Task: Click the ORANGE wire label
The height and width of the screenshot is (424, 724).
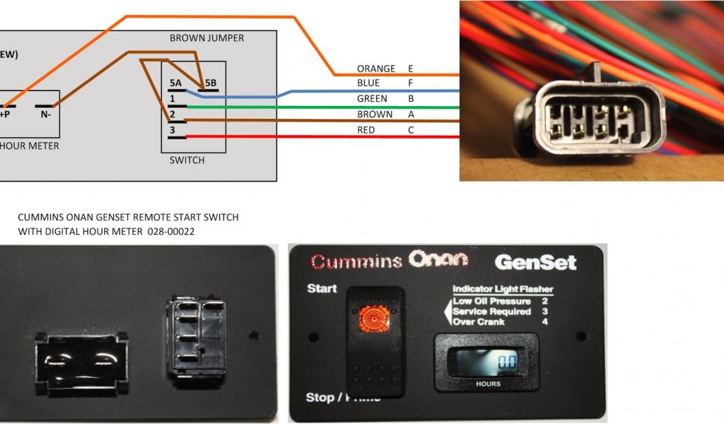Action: pyautogui.click(x=375, y=69)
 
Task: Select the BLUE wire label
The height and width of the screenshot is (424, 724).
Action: pyautogui.click(x=368, y=83)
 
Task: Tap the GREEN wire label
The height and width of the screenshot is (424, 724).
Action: pyautogui.click(x=372, y=99)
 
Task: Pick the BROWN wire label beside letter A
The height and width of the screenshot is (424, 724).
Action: pyautogui.click(x=375, y=114)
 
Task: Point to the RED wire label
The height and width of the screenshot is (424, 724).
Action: pyautogui.click(x=366, y=130)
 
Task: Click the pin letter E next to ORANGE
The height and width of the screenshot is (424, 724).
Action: pyautogui.click(x=411, y=69)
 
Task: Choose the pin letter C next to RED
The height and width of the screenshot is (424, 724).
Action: pyautogui.click(x=411, y=130)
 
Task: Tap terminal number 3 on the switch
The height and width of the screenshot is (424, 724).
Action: pyautogui.click(x=171, y=130)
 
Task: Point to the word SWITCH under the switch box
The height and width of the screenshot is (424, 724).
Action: pyautogui.click(x=187, y=160)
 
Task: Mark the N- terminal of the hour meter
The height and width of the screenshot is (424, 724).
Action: pyautogui.click(x=45, y=113)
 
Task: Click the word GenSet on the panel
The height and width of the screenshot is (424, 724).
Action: pyautogui.click(x=535, y=262)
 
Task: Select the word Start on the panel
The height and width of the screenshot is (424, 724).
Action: pyautogui.click(x=321, y=289)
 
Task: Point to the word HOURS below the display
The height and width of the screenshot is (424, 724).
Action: pyautogui.click(x=488, y=384)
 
